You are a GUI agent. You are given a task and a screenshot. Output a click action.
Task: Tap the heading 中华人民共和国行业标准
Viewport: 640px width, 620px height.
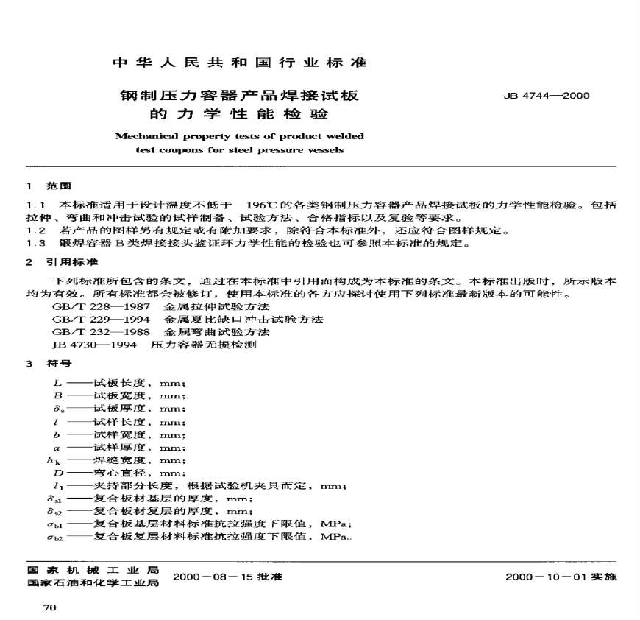(239, 63)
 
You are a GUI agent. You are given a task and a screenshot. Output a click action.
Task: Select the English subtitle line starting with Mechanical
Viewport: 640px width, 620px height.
(239, 136)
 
